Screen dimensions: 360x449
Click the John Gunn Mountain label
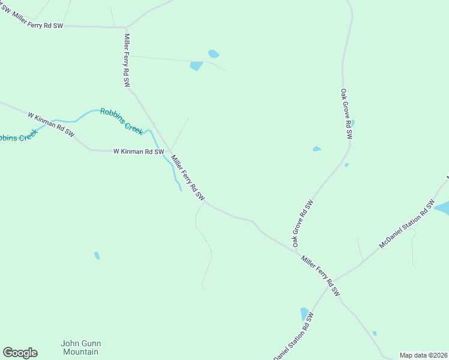pos(80,347)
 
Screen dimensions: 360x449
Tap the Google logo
pos(20,353)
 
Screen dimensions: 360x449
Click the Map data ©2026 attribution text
pos(423,355)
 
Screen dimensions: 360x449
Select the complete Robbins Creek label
pos(121,120)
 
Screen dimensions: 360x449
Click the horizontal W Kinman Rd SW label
pos(139,152)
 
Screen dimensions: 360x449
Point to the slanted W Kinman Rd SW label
pos(50,123)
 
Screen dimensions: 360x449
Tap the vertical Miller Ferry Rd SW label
pos(127,61)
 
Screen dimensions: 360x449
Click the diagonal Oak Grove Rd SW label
pos(303,223)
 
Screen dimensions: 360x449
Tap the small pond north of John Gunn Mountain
pos(97,256)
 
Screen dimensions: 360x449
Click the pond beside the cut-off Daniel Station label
pos(304,314)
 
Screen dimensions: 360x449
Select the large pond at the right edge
pos(442,208)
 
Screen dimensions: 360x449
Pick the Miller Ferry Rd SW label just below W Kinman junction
pos(188,178)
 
